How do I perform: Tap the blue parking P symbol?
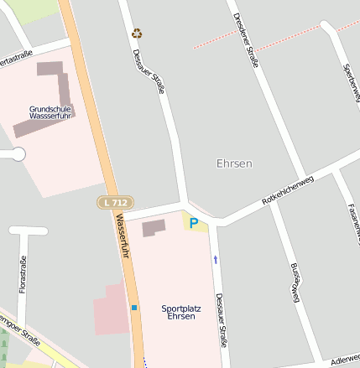194,224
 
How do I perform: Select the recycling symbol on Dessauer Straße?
138,34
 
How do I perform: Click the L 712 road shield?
114,203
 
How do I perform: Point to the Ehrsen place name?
234,163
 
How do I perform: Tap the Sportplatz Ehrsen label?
181,313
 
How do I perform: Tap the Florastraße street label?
23,274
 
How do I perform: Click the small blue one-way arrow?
216,260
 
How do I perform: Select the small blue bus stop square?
133,308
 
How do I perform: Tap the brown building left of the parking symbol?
154,227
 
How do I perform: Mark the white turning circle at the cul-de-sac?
18,154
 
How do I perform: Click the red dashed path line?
269,40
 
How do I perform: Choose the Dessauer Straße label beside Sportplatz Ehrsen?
220,319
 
